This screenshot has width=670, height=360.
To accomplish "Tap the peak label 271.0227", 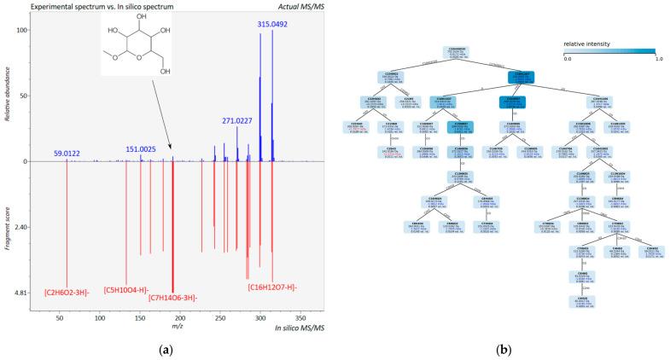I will coord(242,121).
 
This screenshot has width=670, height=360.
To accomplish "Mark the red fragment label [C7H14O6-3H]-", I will coord(173,298).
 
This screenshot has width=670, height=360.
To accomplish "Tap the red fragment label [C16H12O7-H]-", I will coord(273,287).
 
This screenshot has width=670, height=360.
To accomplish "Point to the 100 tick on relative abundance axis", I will coord(23,30).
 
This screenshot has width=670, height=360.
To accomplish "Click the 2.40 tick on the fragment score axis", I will coord(21,227).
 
